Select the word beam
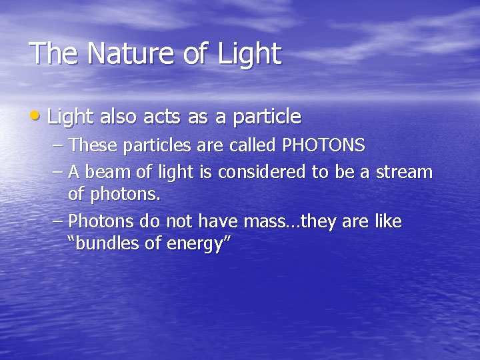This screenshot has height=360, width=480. [105, 172]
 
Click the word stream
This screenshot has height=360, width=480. [404, 172]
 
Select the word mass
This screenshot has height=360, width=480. [266, 221]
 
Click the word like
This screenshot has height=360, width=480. [389, 221]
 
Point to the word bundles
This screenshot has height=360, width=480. [109, 244]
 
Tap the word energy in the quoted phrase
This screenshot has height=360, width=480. [199, 244]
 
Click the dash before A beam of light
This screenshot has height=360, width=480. [58, 172]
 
